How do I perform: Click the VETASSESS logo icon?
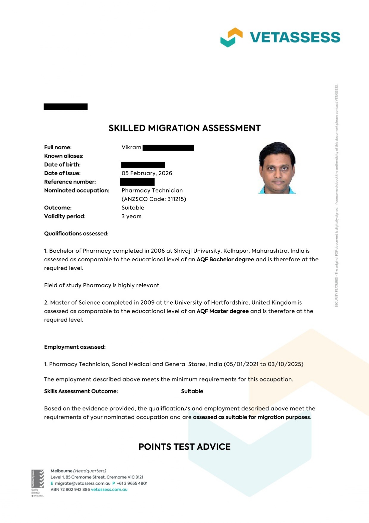click(231, 37)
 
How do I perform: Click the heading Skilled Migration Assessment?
click(185, 128)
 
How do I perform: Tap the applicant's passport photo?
click(277, 168)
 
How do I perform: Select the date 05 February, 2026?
click(147, 173)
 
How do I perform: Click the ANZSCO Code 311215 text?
click(154, 199)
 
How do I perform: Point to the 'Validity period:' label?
click(65, 216)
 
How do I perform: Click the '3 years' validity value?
click(131, 216)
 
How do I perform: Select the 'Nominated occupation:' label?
click(77, 190)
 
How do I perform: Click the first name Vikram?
click(131, 147)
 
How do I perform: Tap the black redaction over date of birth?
click(143, 165)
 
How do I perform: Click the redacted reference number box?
click(137, 182)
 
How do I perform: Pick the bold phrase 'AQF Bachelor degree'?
click(225, 259)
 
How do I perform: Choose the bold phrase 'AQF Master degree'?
click(223, 311)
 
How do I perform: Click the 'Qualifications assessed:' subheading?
click(76, 234)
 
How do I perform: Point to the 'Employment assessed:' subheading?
click(75, 347)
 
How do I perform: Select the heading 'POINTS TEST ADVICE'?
click(185, 447)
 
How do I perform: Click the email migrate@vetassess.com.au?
click(82, 483)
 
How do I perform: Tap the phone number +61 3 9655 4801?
click(132, 483)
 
